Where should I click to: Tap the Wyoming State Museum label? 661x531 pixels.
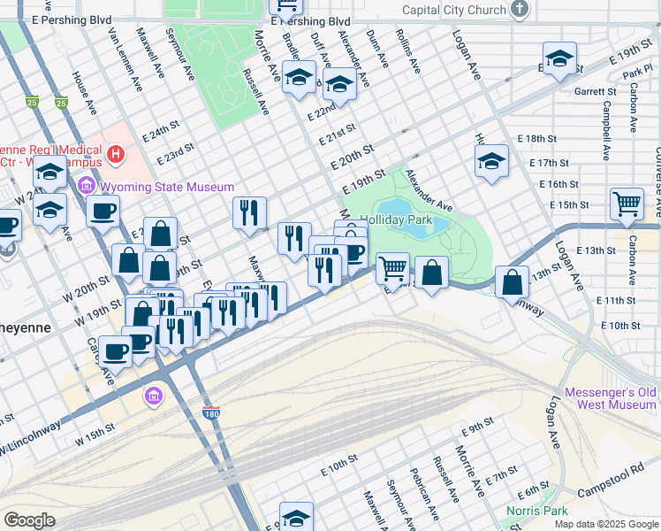coord(167,187)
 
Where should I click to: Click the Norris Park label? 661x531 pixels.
coord(536,512)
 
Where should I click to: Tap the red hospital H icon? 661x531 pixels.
coord(114,157)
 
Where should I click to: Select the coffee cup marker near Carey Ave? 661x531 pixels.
coord(116,350)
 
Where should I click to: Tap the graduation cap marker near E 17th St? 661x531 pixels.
coord(491,161)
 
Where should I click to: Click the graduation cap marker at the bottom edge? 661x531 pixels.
coord(296,518)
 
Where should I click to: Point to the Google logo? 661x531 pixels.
coord(29,520)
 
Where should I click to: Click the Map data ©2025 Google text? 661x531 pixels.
coord(606,524)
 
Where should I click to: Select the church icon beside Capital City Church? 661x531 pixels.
coord(520,10)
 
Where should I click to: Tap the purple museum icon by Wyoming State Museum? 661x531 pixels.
coord(86,187)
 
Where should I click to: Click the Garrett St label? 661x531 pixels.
coord(595,91)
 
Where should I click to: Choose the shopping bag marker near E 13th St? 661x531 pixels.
coord(513,282)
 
